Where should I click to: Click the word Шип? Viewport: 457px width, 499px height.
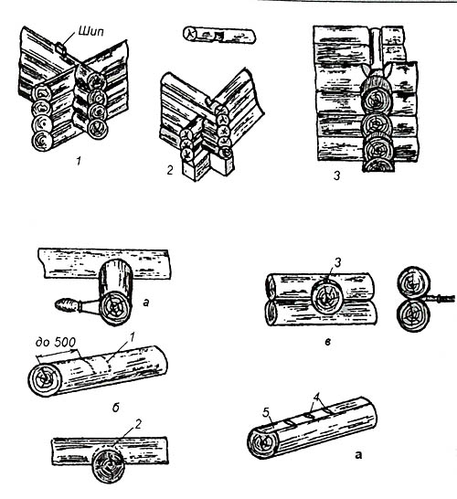90,31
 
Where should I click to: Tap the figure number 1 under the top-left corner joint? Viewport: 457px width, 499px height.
79,162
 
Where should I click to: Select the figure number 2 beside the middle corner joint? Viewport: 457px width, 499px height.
170,170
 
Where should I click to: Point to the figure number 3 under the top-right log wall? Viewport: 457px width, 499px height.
336,175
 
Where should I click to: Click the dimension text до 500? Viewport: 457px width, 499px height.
56,343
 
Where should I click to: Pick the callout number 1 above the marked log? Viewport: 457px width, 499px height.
133,337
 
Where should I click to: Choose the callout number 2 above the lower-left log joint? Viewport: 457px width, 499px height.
138,424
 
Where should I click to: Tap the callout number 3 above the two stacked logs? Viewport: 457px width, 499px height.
337,262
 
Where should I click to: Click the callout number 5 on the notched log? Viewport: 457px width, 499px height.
266,413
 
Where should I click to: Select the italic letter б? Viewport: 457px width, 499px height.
115,408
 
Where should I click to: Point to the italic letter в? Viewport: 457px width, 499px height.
328,342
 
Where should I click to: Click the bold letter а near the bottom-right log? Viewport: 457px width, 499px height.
358,455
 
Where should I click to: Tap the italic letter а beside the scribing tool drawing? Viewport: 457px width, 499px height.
145,303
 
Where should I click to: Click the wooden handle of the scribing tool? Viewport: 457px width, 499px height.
66,305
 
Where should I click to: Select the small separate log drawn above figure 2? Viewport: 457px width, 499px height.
219,36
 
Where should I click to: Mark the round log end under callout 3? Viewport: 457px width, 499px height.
327,299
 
